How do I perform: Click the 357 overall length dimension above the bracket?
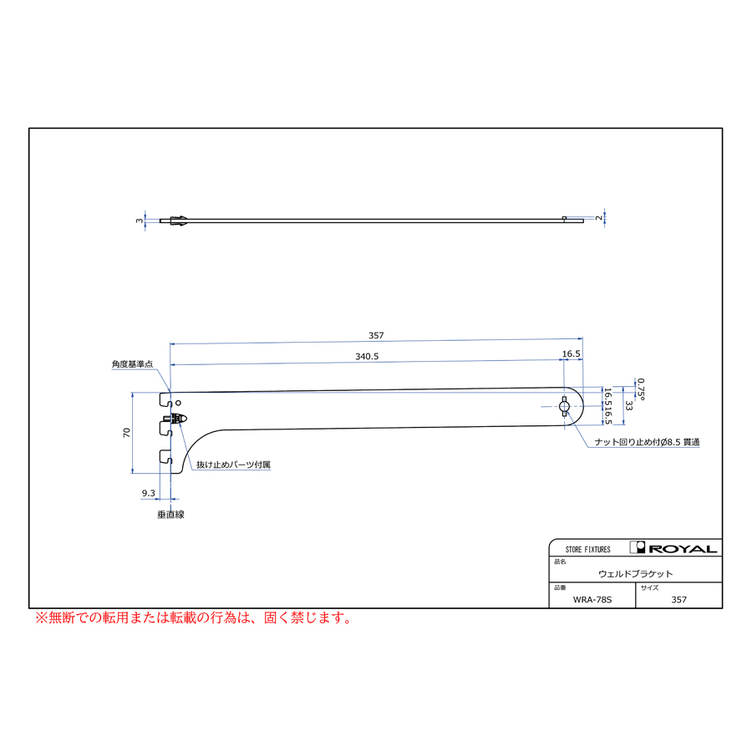coord(376,335)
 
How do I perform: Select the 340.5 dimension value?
coord(367,356)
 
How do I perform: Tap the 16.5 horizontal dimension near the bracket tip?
coord(572,354)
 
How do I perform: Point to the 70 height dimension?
coord(127,433)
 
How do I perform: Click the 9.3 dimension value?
coord(148,493)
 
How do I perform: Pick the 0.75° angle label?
coord(641,389)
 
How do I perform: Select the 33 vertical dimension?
coord(629,406)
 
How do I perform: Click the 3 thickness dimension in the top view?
coord(140,221)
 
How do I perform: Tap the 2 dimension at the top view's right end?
coord(599,218)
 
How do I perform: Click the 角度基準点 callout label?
coord(132,364)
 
